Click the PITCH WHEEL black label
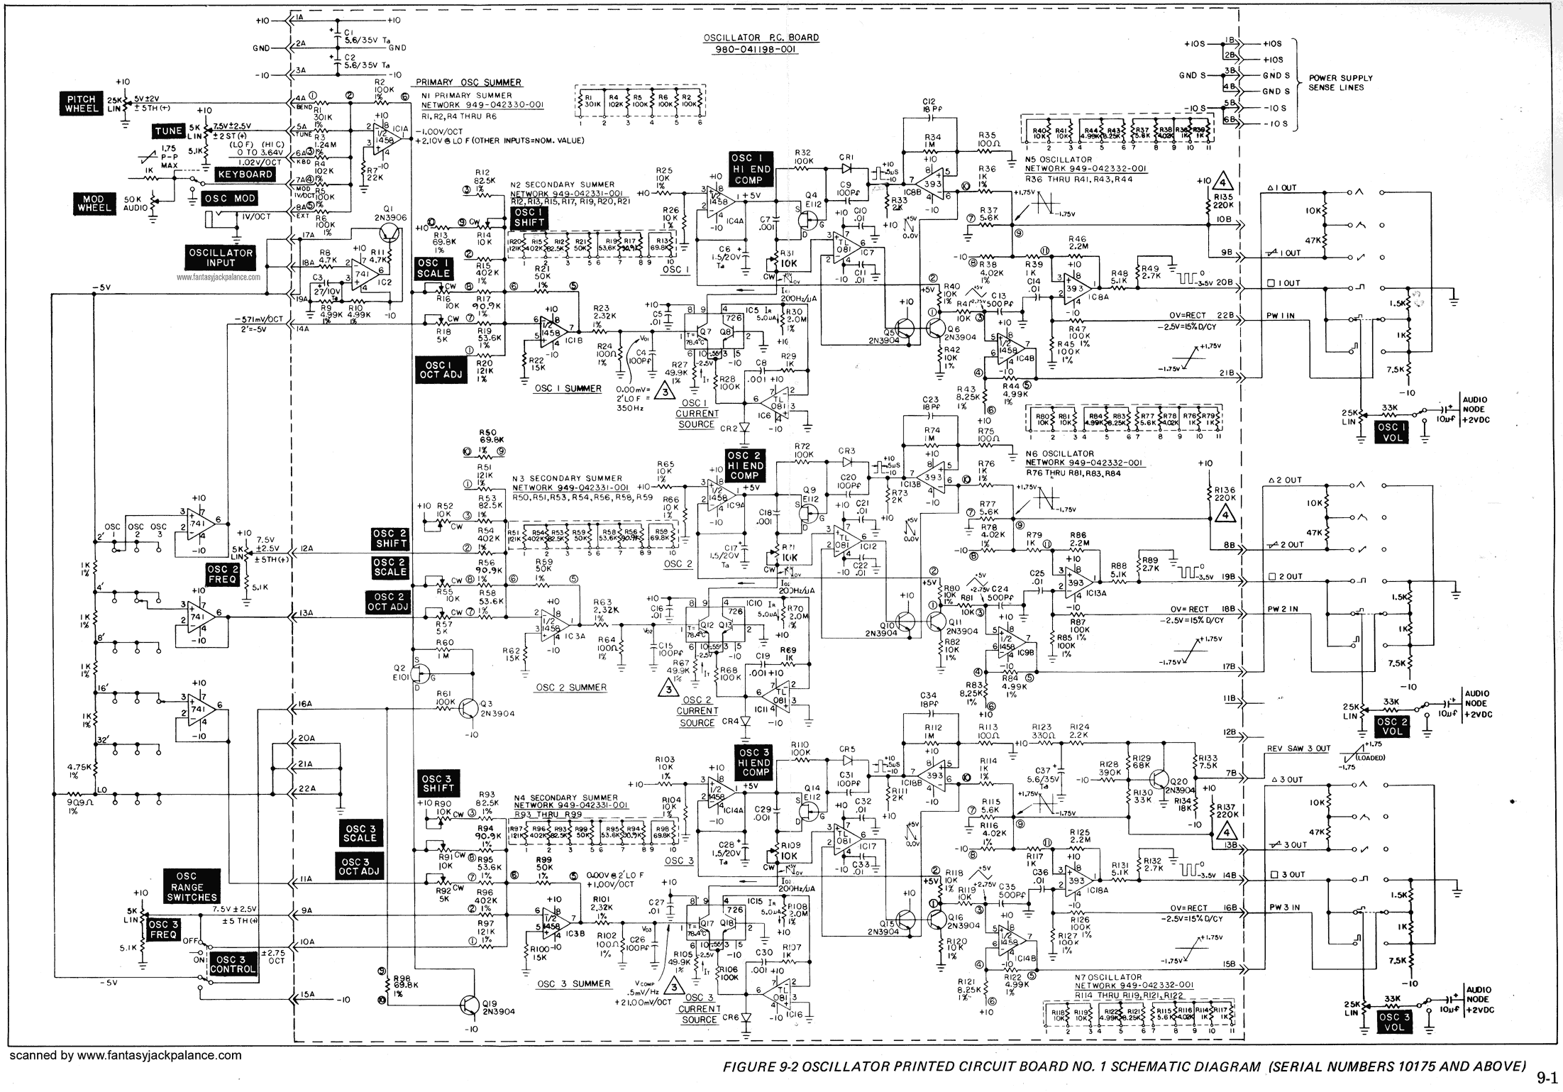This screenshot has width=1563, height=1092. click(83, 105)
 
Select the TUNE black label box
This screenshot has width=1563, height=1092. click(170, 131)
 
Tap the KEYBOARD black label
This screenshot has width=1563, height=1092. click(246, 174)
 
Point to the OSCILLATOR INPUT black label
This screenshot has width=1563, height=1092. click(221, 258)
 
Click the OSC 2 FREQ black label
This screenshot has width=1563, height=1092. click(221, 575)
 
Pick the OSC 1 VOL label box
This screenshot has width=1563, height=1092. click(1392, 432)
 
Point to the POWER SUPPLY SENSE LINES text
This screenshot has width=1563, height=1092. click(1340, 82)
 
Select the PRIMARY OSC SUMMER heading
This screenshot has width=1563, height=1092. click(468, 82)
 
